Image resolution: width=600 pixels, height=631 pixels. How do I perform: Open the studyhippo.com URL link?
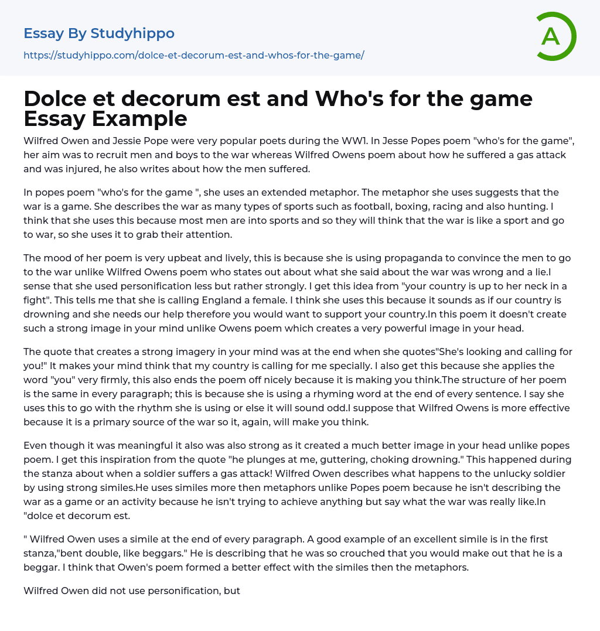194,55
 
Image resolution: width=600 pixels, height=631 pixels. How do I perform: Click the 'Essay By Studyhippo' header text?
99,33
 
